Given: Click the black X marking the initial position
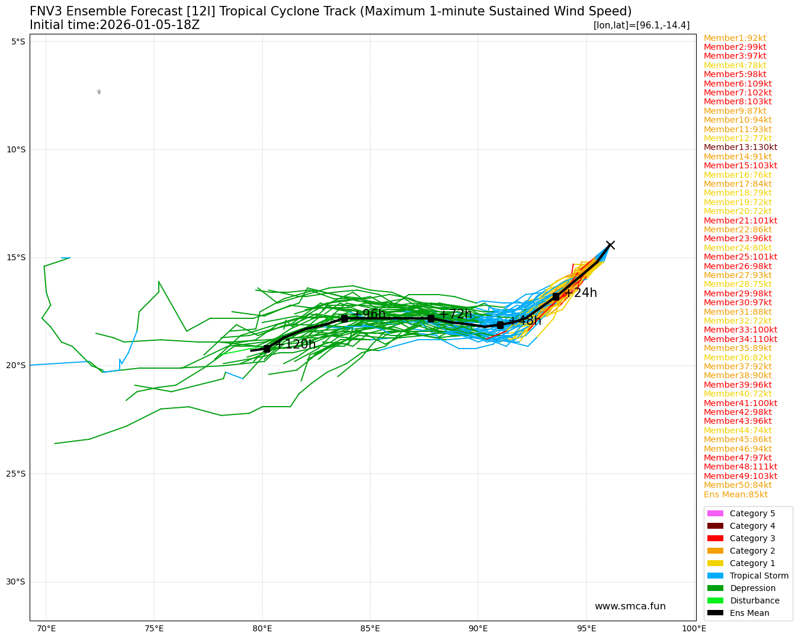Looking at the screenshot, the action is point(610,245).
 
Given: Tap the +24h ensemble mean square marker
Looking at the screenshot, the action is point(556,296).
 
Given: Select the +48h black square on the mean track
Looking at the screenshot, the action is point(500,325).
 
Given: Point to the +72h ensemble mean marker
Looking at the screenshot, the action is point(431,318).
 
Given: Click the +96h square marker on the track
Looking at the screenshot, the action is point(344,318).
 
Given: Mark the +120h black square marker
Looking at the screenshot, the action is point(267,349).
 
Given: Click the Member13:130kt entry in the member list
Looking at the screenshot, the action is point(740,148).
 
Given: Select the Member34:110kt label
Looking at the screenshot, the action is point(740,339).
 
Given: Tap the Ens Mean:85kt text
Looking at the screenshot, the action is point(735,494).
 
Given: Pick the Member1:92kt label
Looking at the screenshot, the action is point(735,38).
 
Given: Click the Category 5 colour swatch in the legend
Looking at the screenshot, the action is point(715,513).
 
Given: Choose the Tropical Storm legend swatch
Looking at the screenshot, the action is point(715,576).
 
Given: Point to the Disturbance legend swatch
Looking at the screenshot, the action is point(715,600).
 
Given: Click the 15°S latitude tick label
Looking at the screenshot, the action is point(16,257).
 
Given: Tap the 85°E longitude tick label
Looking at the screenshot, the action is point(370,628).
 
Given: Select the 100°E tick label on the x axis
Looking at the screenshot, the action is point(694,628).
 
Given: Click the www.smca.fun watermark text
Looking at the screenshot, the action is point(630,606).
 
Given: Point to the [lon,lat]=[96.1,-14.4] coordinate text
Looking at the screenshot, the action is point(641,25).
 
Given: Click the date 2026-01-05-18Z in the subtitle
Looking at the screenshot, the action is point(149,25).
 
